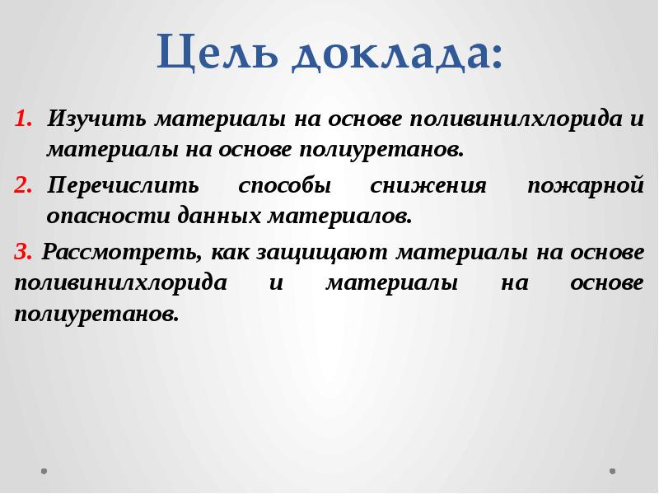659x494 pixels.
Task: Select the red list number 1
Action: pos(21,119)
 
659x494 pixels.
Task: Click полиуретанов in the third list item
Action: pos(95,315)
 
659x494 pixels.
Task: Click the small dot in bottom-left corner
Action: pos(44,472)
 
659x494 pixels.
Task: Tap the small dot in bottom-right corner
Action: pos(612,472)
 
